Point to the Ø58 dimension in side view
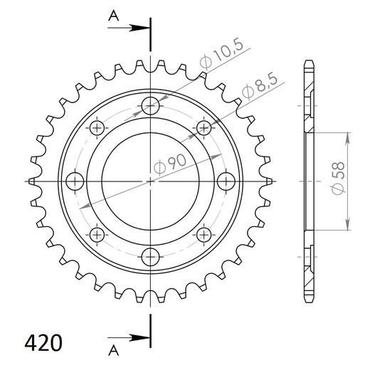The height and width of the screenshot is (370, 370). tap(337, 178)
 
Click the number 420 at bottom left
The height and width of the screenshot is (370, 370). tap(43, 343)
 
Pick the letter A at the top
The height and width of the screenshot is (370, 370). tap(114, 16)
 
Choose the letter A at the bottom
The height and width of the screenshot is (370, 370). tap(114, 350)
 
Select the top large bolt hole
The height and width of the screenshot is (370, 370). tap(150, 106)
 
